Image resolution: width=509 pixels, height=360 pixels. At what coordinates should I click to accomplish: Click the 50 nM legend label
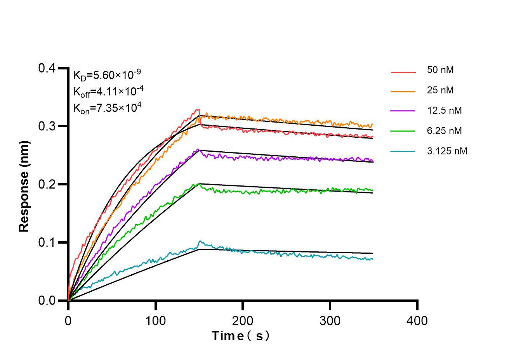pyautogui.click(x=440, y=70)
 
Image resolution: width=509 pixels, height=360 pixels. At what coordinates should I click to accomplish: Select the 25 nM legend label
pyautogui.click(x=440, y=90)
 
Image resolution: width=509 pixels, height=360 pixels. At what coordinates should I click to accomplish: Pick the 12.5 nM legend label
pyautogui.click(x=444, y=111)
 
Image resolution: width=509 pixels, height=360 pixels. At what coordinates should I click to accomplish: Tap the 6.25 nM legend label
pyautogui.click(x=444, y=131)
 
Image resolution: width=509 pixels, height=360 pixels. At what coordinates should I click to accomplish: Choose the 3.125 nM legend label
pyautogui.click(x=447, y=151)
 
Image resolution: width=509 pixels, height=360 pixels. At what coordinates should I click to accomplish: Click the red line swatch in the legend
pyautogui.click(x=403, y=72)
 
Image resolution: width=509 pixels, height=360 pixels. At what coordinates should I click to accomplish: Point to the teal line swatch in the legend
pyautogui.click(x=403, y=151)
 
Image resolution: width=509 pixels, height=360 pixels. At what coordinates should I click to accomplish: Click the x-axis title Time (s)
pyautogui.click(x=240, y=336)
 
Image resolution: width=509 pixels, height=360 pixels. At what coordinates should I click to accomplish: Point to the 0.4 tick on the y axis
pyautogui.click(x=47, y=69)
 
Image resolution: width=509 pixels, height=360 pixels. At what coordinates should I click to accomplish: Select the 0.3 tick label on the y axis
pyautogui.click(x=47, y=126)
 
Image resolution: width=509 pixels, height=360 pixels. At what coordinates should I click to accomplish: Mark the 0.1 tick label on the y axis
pyautogui.click(x=47, y=243)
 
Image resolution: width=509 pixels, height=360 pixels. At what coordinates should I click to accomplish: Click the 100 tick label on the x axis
pyautogui.click(x=155, y=320)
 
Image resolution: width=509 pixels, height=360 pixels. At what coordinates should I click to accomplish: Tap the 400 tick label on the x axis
pyautogui.click(x=417, y=320)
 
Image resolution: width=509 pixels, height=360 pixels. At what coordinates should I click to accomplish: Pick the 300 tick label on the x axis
pyautogui.click(x=330, y=320)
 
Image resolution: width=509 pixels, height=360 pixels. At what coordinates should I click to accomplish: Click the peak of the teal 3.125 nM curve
pyautogui.click(x=200, y=241)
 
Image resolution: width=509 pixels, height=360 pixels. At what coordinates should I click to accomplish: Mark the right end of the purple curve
pyautogui.click(x=373, y=161)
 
